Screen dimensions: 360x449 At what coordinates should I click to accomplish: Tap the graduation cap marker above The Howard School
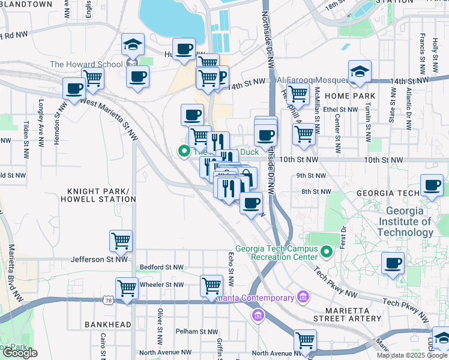[x=133, y=45]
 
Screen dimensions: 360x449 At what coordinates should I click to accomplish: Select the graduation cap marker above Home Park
[x=359, y=71]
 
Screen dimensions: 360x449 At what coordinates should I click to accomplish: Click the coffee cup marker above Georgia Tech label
[x=431, y=185]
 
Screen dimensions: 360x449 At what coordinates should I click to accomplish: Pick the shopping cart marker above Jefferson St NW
[x=121, y=241]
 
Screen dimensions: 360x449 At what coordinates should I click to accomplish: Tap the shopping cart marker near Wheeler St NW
[x=127, y=289]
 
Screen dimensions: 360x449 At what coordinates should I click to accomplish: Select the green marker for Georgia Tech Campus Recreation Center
[x=327, y=251]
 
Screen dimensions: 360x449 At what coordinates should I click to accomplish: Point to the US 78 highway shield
[x=108, y=299]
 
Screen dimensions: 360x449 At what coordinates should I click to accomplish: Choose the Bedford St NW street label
[x=161, y=267]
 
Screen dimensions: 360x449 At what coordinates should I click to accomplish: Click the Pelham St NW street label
[x=197, y=331]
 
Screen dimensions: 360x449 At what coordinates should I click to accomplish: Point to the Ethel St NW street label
[x=340, y=110]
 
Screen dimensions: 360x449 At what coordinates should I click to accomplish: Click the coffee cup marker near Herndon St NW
[x=74, y=89]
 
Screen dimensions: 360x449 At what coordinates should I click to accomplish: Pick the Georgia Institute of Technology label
[x=409, y=222]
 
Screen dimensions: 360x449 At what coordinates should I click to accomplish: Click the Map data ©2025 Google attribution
[x=411, y=355]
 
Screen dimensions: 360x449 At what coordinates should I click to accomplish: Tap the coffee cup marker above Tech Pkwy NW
[x=393, y=263]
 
